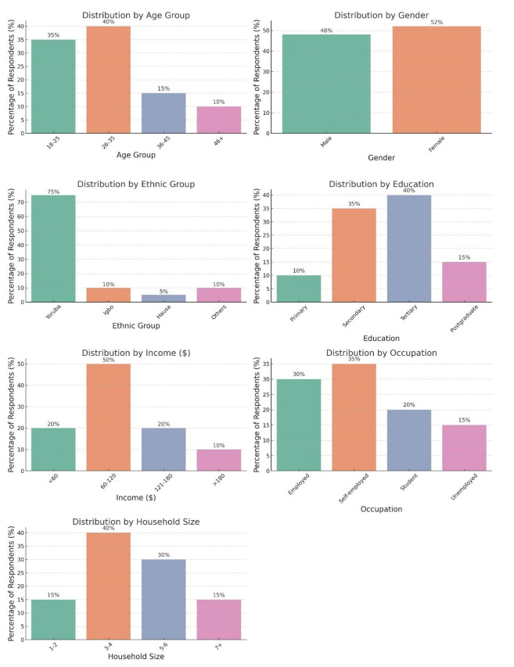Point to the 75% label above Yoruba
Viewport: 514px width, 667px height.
pyautogui.click(x=53, y=191)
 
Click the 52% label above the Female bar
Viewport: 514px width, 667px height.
pyautogui.click(x=437, y=22)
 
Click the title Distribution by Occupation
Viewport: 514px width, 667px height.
pyautogui.click(x=383, y=353)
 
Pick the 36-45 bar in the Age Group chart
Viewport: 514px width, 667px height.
pyautogui.click(x=164, y=113)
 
